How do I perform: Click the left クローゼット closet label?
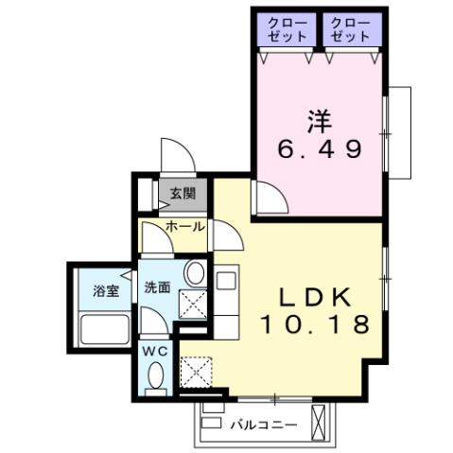(x=287, y=28)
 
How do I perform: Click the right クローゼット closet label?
(x=352, y=28)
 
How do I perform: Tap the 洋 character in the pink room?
(x=318, y=121)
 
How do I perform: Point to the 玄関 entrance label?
(x=183, y=194)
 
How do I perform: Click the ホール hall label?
(x=184, y=227)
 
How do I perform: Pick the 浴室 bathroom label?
(x=105, y=291)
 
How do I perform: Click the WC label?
(x=154, y=350)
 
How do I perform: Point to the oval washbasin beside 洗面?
(x=194, y=275)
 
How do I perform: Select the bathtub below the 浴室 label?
(x=104, y=332)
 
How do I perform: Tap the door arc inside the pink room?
(x=270, y=200)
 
